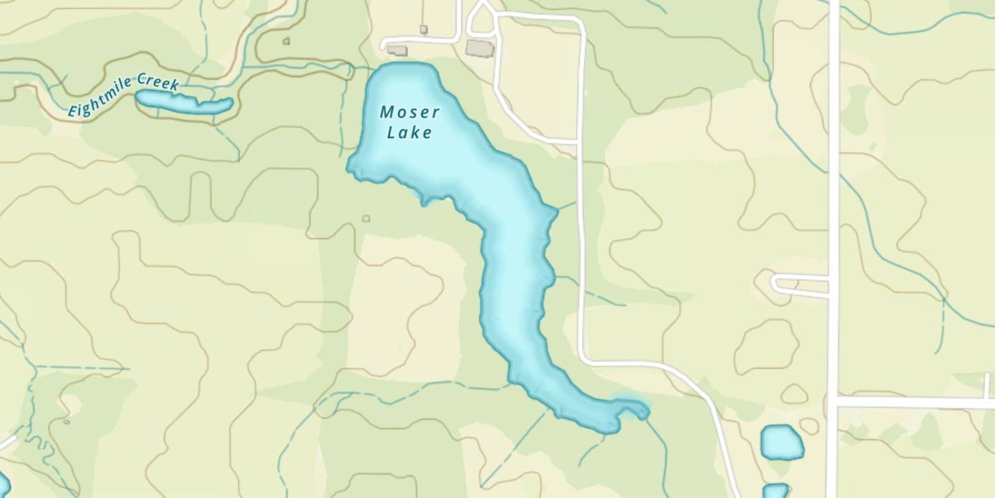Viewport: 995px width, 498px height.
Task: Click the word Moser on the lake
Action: coord(409,112)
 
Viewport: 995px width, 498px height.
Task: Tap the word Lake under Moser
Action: coord(409,133)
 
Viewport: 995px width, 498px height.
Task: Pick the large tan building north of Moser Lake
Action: coord(480,48)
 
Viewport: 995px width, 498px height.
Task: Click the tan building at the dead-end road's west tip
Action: coord(397,50)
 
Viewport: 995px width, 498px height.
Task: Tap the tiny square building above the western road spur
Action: coord(423,29)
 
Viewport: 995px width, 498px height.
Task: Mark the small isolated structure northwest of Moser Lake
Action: coord(286,41)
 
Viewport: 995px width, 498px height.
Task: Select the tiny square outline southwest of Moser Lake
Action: coord(365,218)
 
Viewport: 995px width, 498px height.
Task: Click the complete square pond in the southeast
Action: coord(781,442)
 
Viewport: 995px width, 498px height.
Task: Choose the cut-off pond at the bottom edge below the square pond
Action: coord(775,491)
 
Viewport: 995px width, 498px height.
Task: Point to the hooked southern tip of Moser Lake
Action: coord(633,406)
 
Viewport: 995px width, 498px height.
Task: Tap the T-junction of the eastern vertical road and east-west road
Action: coord(833,402)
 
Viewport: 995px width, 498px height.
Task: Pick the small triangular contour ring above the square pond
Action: coord(794,394)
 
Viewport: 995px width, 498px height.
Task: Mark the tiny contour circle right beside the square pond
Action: coord(809,426)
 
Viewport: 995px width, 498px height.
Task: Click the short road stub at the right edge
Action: coord(986,385)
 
